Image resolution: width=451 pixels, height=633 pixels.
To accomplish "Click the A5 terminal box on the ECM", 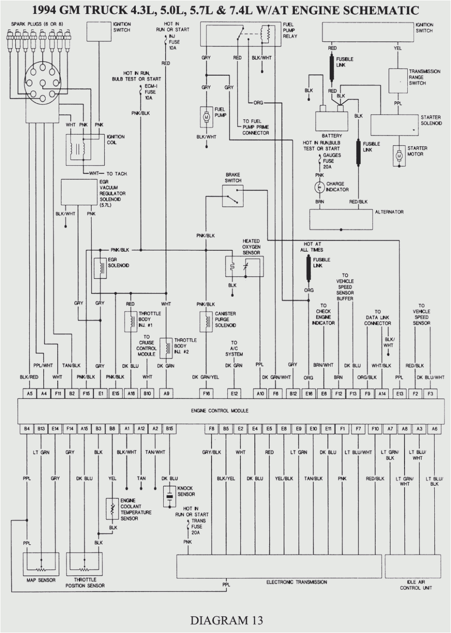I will (x=30, y=393).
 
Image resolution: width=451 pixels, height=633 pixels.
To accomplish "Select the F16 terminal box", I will (x=206, y=393).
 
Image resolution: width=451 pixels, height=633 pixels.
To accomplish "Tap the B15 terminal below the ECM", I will (x=170, y=429).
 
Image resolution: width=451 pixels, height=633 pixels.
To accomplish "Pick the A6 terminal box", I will (x=434, y=429).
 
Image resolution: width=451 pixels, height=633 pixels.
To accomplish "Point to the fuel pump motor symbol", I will (x=206, y=118).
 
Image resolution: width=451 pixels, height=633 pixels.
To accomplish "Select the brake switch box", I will (x=232, y=196).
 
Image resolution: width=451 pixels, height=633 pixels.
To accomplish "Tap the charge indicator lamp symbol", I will (x=319, y=187).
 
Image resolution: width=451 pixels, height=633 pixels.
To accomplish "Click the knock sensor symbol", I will (x=170, y=496).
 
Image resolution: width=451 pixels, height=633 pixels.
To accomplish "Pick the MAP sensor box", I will (x=41, y=563).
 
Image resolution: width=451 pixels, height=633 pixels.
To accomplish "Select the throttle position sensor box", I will (x=84, y=563).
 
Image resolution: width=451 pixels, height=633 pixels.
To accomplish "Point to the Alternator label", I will (x=389, y=212).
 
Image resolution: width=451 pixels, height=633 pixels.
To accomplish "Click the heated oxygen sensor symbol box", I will (x=244, y=266).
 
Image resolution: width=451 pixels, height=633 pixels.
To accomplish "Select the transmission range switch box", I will (x=398, y=81).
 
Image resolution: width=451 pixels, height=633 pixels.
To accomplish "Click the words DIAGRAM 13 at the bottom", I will (x=226, y=620).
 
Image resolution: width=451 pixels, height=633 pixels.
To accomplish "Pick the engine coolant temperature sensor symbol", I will (x=112, y=509).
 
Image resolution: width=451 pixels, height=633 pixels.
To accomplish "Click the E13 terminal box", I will (x=399, y=393).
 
